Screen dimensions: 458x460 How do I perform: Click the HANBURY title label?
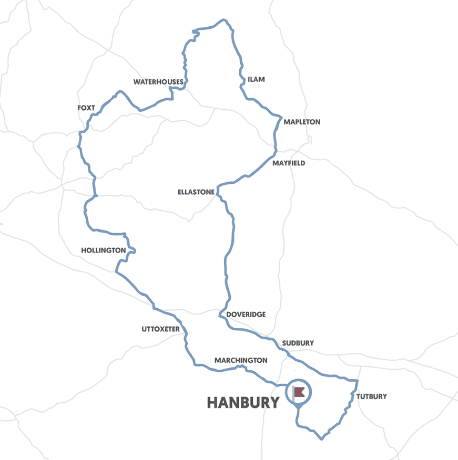pos(243,403)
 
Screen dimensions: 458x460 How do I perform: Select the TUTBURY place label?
pos(371,396)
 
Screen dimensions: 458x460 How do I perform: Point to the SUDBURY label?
pos(298,343)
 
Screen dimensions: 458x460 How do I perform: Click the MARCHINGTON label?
pos(241,360)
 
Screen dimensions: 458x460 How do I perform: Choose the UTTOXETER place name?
pos(160,329)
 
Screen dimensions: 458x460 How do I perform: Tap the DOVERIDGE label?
pos(246,315)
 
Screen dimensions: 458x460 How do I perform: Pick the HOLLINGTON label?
pos(104,250)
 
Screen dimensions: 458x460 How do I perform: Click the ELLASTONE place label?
pos(196,192)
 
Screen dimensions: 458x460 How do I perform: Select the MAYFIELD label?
pos(289,163)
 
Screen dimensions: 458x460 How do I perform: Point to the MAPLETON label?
pos(302,122)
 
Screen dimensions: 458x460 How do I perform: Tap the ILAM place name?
pos(256,79)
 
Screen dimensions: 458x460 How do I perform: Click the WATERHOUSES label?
pos(158,82)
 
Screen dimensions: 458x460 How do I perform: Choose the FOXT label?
pos(86,108)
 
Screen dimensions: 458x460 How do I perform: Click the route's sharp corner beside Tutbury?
pos(358,381)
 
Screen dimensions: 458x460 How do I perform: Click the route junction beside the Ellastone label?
pos(217,187)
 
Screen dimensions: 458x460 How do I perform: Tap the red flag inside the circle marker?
pos(300,391)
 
